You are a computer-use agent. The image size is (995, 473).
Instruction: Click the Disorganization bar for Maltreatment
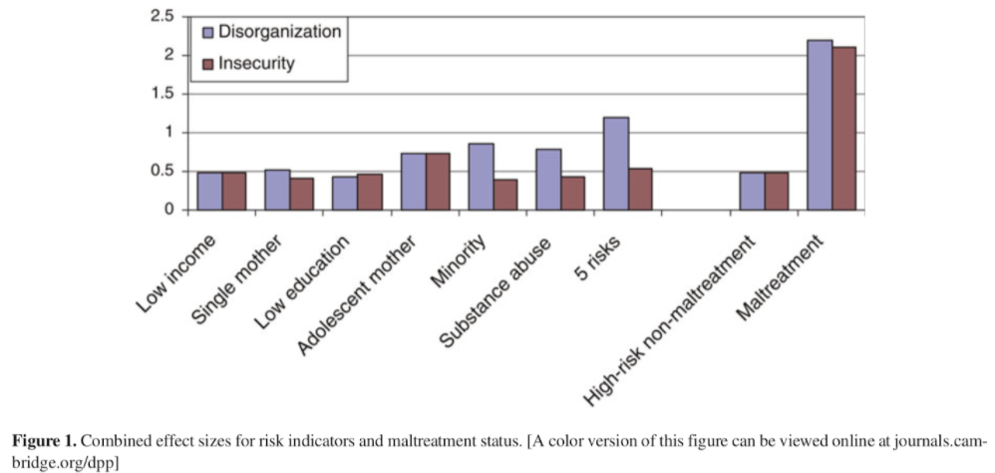point(820,125)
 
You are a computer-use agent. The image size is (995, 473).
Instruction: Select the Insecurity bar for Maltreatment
point(843,129)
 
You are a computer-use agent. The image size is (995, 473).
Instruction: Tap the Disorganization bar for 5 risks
point(616,164)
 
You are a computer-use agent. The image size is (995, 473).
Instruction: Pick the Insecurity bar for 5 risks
point(640,190)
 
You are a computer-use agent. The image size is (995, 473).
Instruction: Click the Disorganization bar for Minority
point(481,177)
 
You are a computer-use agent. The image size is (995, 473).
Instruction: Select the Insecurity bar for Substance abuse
point(572,193)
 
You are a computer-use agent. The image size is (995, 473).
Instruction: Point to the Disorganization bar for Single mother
point(277,191)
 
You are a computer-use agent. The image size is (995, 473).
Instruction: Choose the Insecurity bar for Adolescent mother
point(437,182)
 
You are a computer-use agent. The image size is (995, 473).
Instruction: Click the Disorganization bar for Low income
point(209,192)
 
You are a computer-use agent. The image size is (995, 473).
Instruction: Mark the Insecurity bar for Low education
point(369,193)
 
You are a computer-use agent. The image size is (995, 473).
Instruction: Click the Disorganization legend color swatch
point(207,32)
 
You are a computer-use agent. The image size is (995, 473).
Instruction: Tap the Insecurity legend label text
point(257,63)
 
